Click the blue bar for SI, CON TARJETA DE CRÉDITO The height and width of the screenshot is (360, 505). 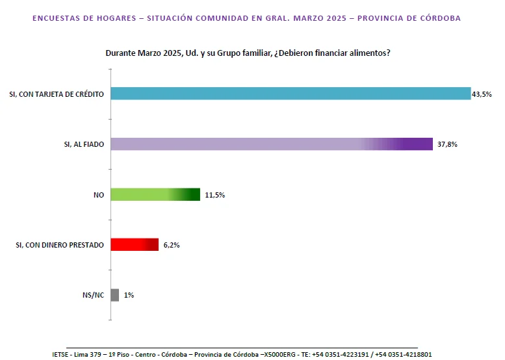[x=291, y=93]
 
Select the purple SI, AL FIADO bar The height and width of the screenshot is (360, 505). [x=272, y=144]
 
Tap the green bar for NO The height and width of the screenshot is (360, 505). [x=155, y=194]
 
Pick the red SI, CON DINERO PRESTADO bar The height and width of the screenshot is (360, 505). [x=135, y=244]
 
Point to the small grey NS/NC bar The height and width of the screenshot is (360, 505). [x=115, y=295]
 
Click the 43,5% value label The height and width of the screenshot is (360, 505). [x=482, y=94]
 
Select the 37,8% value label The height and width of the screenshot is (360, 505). [x=447, y=144]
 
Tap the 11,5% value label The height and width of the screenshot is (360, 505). [x=214, y=195]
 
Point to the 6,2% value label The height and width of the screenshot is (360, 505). [x=172, y=245]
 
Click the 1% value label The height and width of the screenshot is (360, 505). [x=129, y=296]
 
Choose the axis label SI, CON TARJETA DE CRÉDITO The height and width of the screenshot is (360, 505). [x=56, y=94]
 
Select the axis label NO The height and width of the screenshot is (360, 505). [x=99, y=195]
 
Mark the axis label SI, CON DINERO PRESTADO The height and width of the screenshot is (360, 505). [x=59, y=245]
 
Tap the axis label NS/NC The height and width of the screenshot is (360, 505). [x=92, y=296]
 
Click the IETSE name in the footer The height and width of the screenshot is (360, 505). [x=62, y=354]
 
